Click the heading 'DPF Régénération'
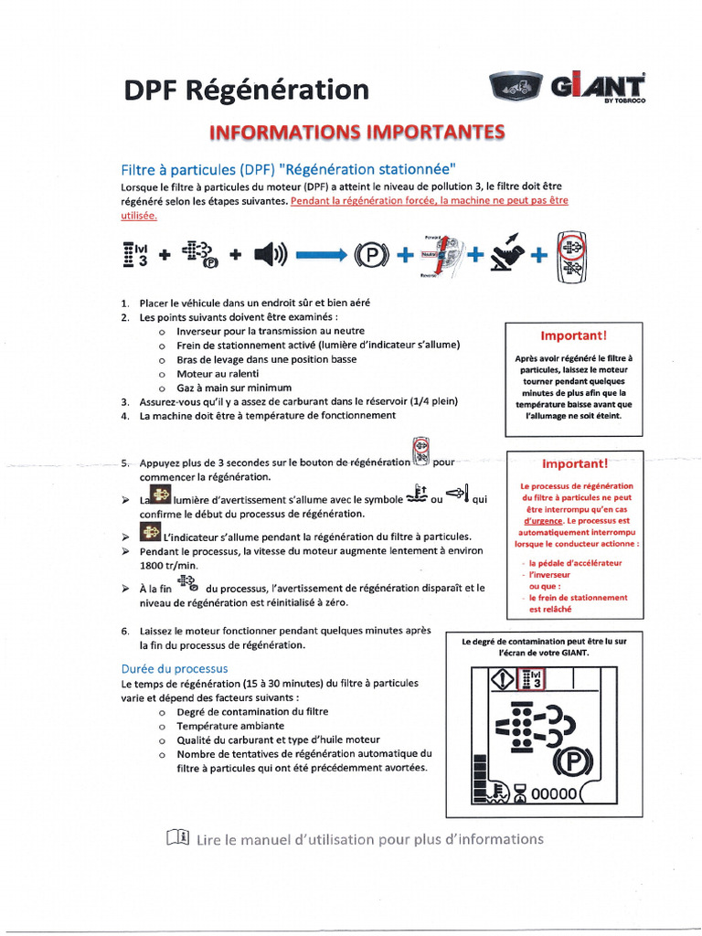247,90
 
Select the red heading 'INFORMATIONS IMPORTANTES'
357,133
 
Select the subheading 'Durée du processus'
175,668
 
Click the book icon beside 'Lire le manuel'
177,837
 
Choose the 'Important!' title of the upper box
573,335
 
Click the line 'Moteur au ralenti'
218,373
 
